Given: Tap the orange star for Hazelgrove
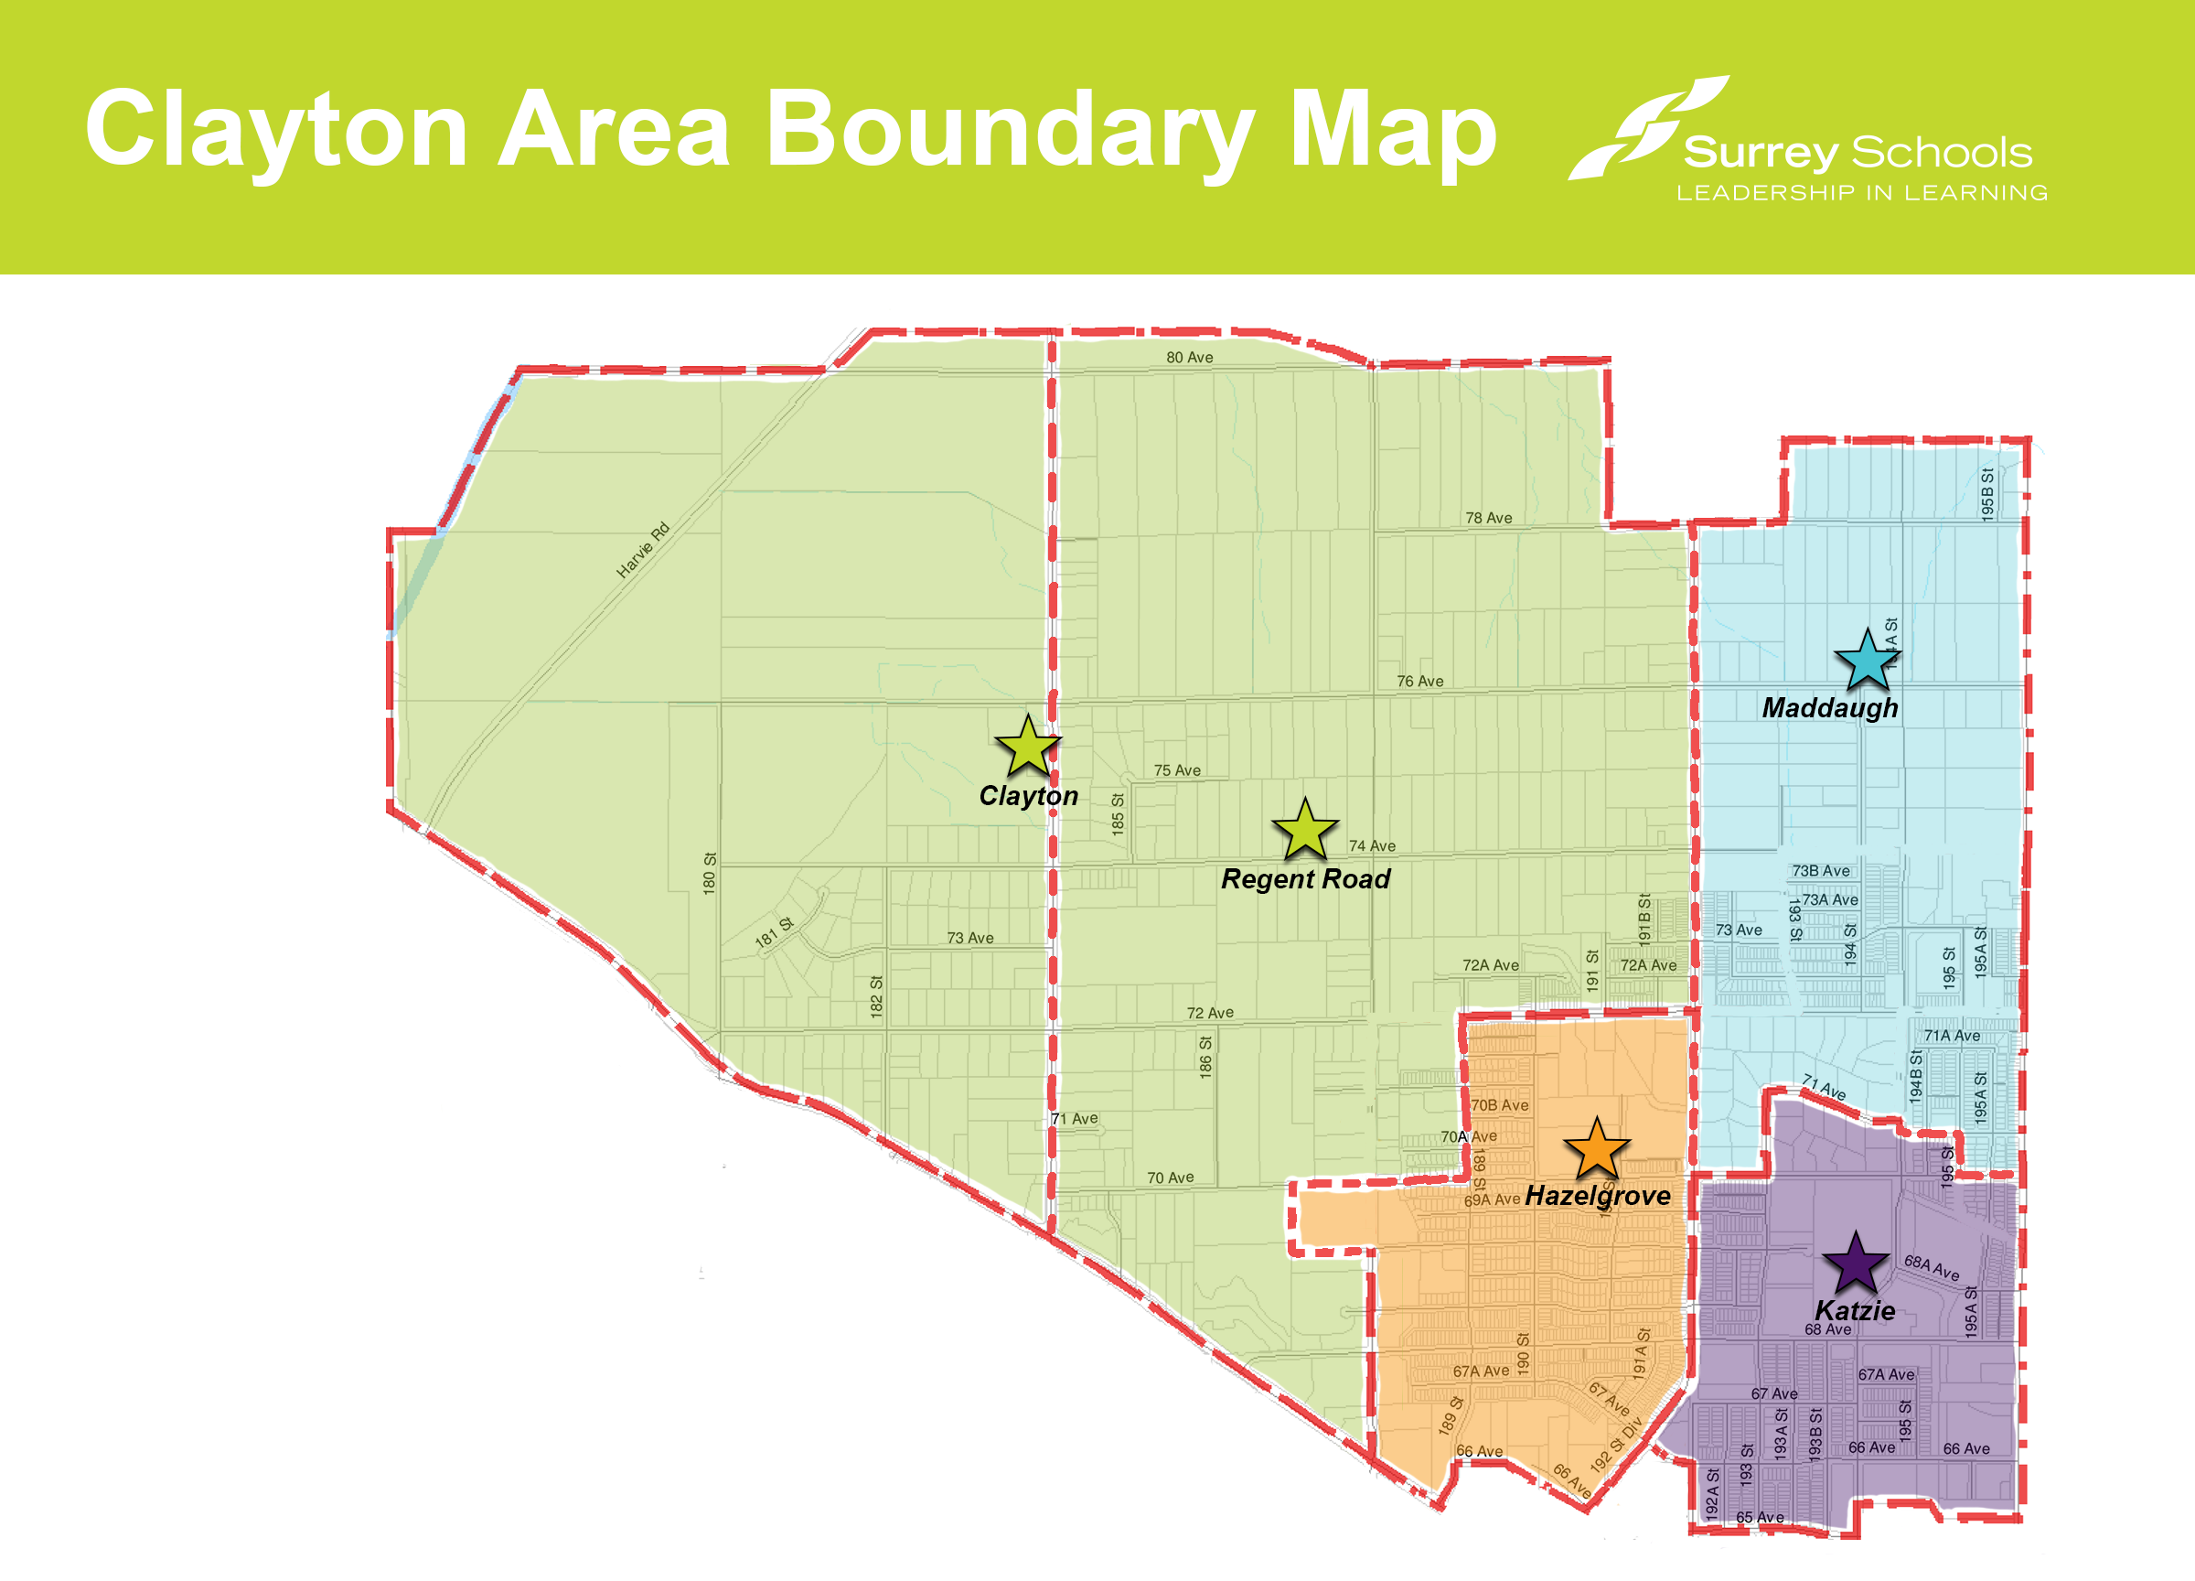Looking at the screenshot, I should (1597, 1150).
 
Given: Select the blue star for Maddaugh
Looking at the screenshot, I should (1867, 662).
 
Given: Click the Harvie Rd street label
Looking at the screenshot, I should (643, 550).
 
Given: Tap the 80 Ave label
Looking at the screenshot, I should (1190, 357).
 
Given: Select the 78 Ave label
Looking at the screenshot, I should (1489, 518).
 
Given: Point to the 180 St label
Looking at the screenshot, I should (710, 873).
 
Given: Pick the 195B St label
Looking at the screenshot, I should (1986, 495).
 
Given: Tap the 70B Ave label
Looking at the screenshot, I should (1500, 1104).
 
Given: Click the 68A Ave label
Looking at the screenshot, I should (1931, 1267).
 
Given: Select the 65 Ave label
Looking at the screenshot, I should (1760, 1517).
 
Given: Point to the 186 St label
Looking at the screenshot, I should (1205, 1058).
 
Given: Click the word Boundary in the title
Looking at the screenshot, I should (1011, 131).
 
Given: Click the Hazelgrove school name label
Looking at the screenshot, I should (1598, 1196).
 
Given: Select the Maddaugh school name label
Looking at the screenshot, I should (1829, 708).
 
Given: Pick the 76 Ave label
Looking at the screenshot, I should (1419, 682).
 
